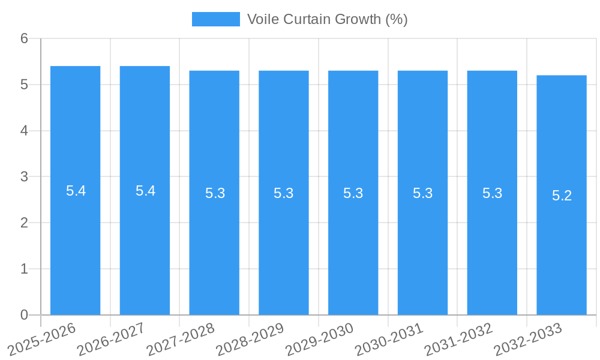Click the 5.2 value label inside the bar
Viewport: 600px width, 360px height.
coord(562,196)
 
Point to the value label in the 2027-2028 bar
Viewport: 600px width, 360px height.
coord(215,193)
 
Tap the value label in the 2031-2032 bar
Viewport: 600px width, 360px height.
coord(492,193)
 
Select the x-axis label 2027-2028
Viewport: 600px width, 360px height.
coord(181,338)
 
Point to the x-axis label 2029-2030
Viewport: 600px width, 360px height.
coord(320,338)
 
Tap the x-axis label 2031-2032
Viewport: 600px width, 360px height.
coord(459,338)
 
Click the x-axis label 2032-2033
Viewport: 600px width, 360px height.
coord(528,338)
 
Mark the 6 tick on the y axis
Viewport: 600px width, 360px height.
coord(24,38)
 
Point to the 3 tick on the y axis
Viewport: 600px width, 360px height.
coord(24,177)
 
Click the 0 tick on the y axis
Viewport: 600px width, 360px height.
coord(24,315)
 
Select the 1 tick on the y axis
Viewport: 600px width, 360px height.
coord(24,269)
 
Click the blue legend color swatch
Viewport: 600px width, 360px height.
coord(215,19)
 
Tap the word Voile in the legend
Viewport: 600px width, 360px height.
coord(263,19)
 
